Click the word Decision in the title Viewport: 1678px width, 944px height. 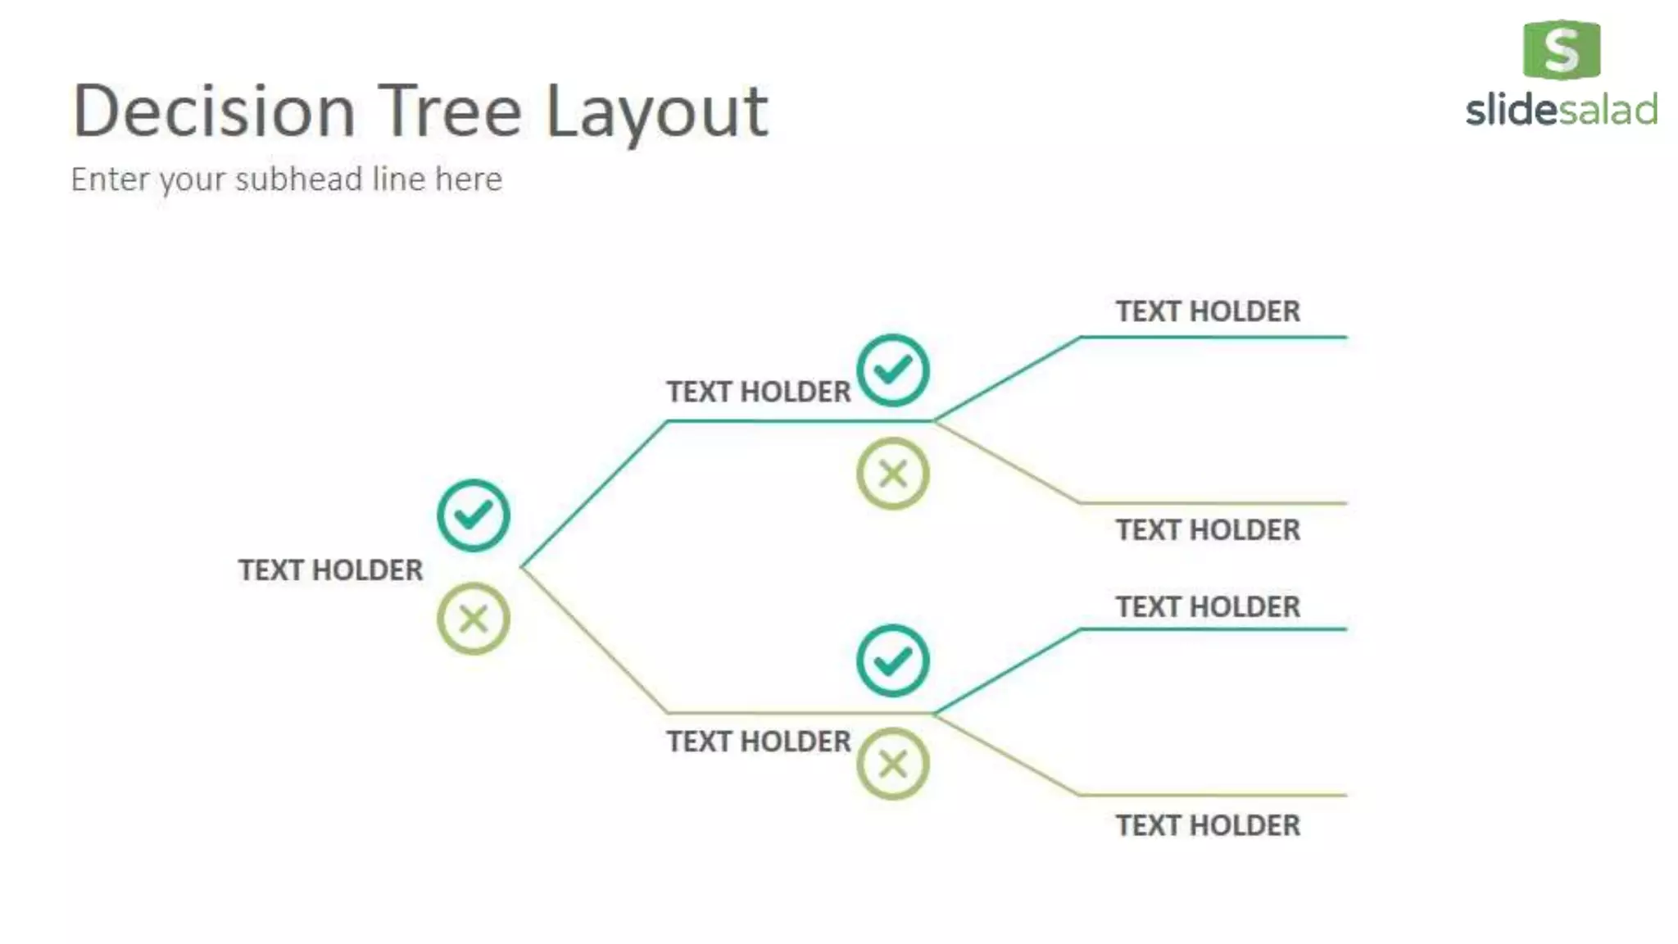(214, 111)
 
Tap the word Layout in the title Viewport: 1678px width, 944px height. (656, 113)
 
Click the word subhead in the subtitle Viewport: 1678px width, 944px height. (298, 179)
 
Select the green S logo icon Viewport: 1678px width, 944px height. (1561, 50)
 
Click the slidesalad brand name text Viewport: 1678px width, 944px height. (1561, 111)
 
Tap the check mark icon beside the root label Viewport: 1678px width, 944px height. (473, 515)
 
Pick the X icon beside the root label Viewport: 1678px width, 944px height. (473, 619)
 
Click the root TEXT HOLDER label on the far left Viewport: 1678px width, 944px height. (330, 570)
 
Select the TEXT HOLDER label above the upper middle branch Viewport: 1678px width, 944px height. (758, 392)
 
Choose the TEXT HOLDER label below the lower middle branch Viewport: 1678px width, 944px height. (758, 742)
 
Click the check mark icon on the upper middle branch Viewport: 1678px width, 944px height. (892, 370)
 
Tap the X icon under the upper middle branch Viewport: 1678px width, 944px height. (892, 474)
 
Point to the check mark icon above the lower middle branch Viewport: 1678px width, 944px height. (892, 660)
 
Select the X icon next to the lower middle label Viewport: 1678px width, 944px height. (892, 764)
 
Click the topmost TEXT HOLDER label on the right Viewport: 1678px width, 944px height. (1208, 311)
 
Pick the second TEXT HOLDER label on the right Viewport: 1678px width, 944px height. (1208, 530)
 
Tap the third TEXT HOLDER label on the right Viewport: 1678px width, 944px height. (1208, 607)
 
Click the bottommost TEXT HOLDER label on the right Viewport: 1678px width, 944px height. (1208, 825)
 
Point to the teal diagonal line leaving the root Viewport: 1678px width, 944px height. (595, 494)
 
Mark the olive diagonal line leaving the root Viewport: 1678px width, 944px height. (595, 640)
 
